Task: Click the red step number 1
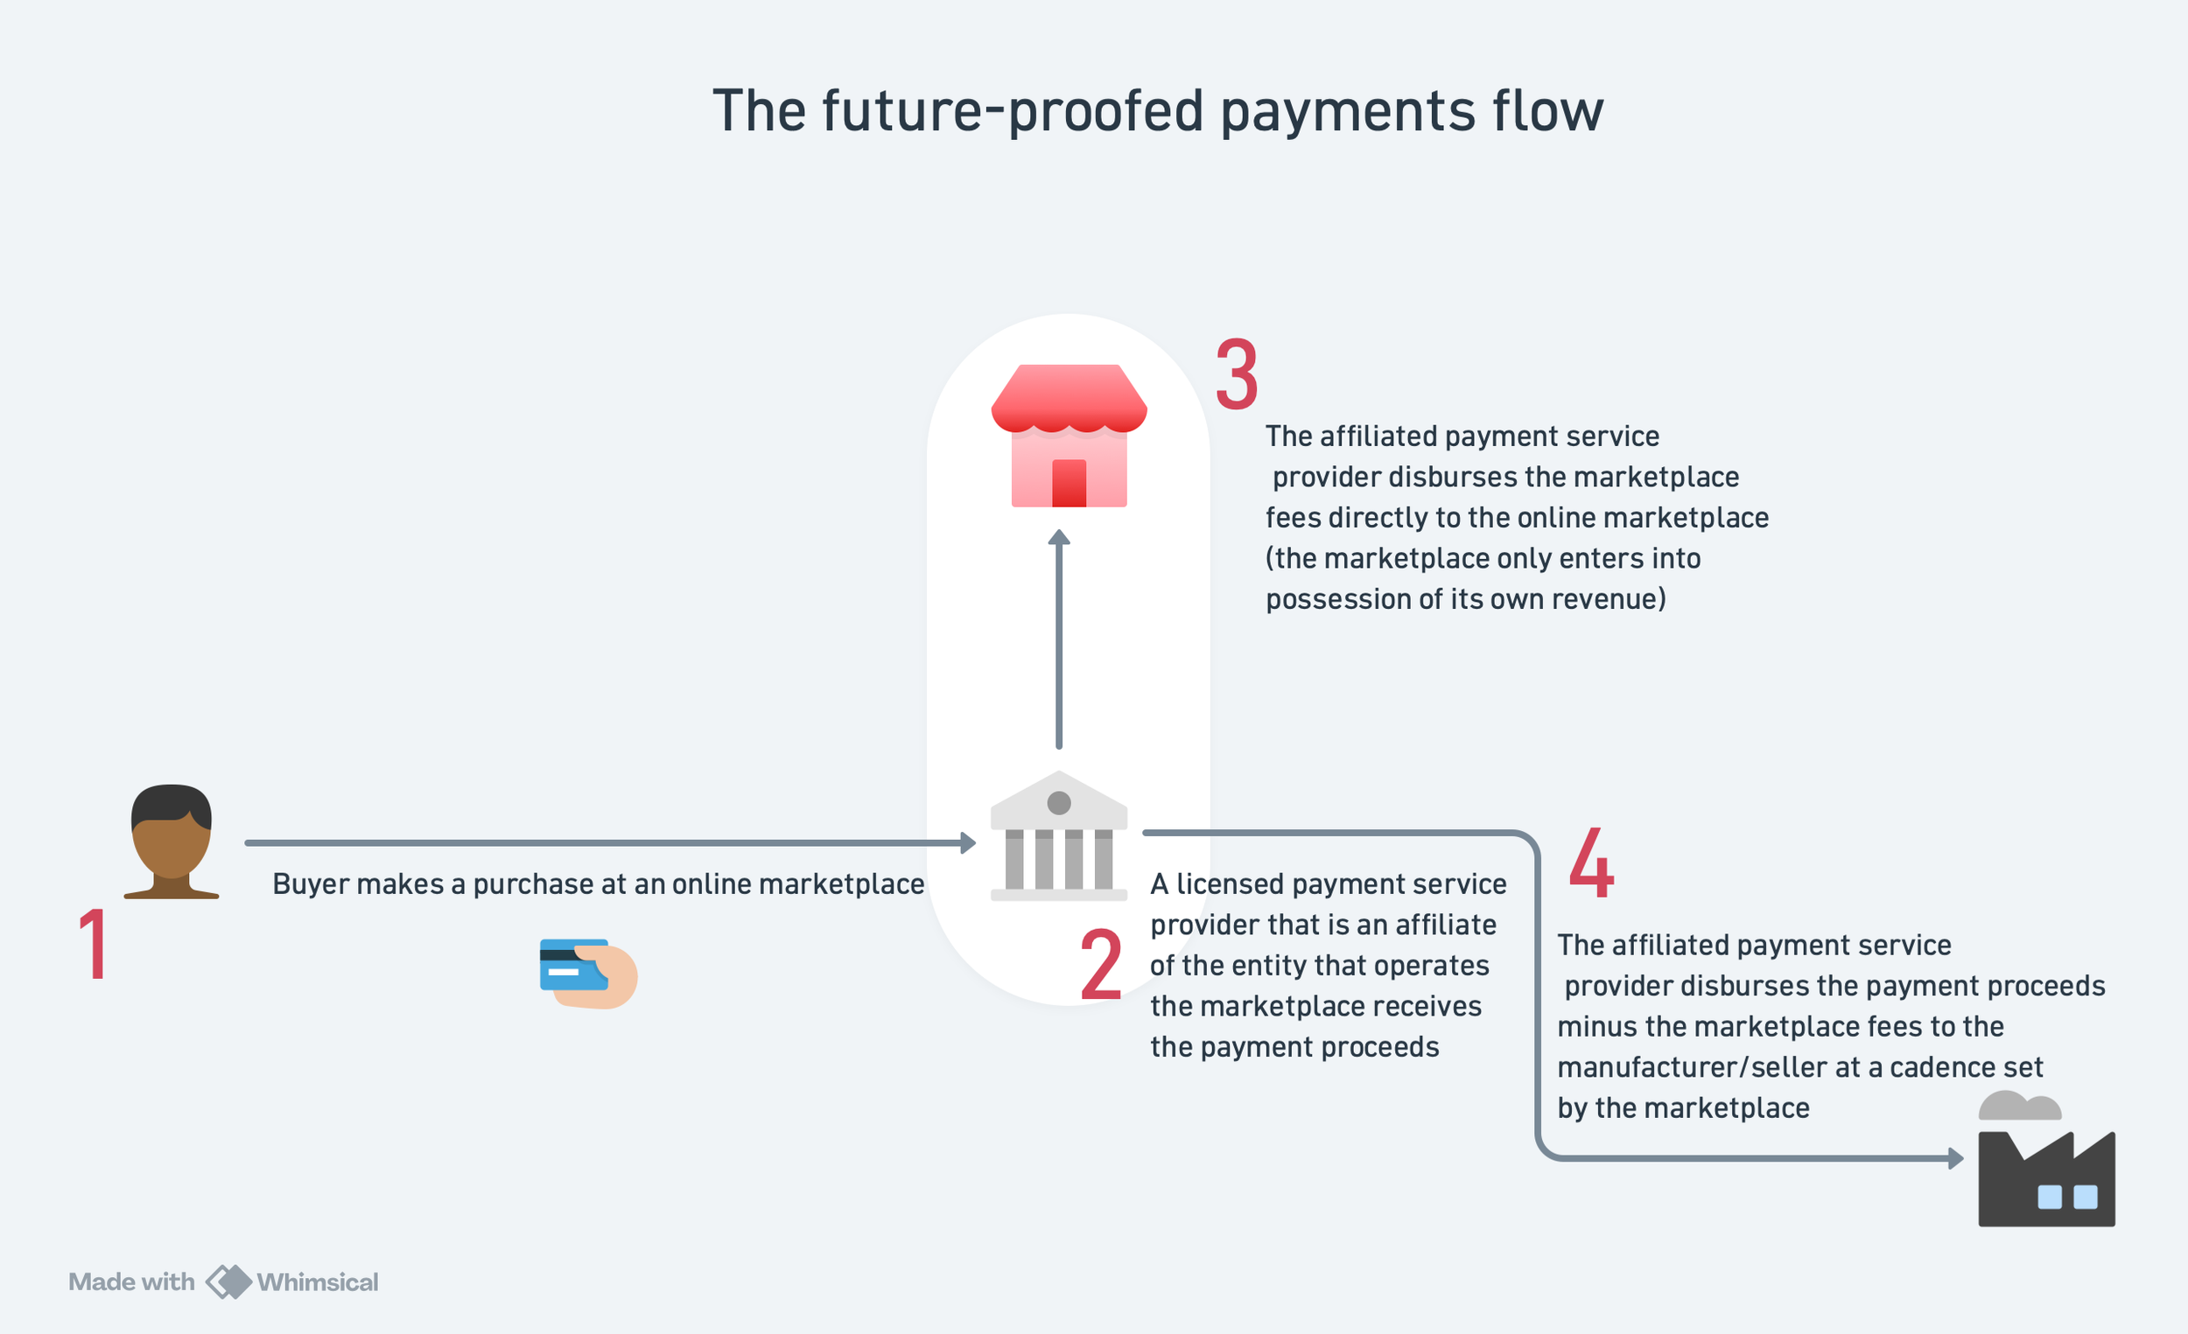click(95, 945)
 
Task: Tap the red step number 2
click(1101, 965)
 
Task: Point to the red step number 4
click(1591, 862)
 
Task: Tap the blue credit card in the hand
click(572, 965)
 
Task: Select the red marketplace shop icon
click(1069, 435)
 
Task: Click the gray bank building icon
click(1058, 836)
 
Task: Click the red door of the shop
click(1069, 483)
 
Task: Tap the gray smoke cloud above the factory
click(2019, 1106)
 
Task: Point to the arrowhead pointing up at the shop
click(1058, 537)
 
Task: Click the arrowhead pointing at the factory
click(1955, 1158)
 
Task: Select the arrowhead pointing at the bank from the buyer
click(969, 842)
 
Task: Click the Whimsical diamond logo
click(229, 1282)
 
